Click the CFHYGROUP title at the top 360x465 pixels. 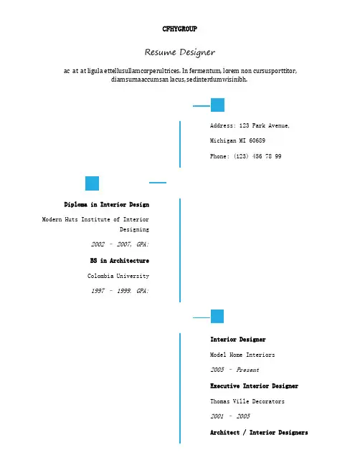click(179, 29)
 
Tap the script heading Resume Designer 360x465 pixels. click(180, 52)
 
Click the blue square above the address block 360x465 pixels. click(217, 105)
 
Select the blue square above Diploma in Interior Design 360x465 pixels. click(92, 183)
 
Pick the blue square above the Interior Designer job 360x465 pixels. click(217, 317)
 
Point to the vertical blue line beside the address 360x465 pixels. click(180, 144)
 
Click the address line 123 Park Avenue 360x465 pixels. click(264, 125)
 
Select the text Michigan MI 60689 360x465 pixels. click(237, 140)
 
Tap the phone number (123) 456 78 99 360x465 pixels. click(257, 156)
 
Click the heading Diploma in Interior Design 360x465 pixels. click(107, 205)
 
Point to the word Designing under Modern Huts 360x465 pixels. click(134, 229)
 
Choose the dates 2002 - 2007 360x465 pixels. click(111, 244)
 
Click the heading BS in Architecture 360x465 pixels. click(120, 261)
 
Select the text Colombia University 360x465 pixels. click(118, 276)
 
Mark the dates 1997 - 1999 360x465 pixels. click(111, 291)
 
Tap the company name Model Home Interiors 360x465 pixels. click(242, 355)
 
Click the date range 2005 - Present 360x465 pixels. click(235, 370)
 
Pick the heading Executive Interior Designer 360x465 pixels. click(255, 386)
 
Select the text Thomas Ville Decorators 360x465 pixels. click(247, 401)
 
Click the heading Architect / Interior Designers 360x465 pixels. click(259, 433)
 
